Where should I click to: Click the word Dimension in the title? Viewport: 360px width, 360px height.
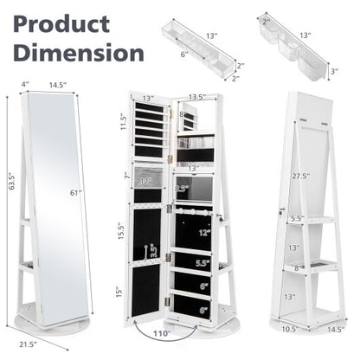75,51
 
